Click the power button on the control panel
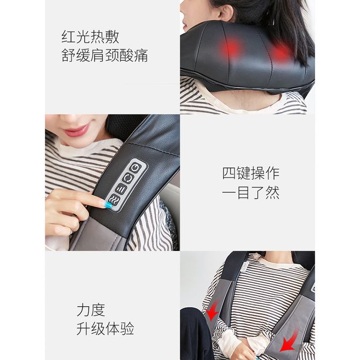tap(134, 168)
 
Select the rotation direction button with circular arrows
tap(128, 178)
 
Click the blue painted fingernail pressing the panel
tap(106, 204)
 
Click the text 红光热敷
tap(90, 37)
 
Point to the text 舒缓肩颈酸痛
tap(105, 55)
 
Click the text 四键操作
tap(251, 173)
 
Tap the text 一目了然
tap(251, 192)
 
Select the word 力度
tap(91, 309)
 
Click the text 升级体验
tap(105, 328)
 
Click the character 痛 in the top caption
tap(141, 55)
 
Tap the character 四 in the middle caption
tap(229, 173)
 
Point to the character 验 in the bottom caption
tap(127, 328)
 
